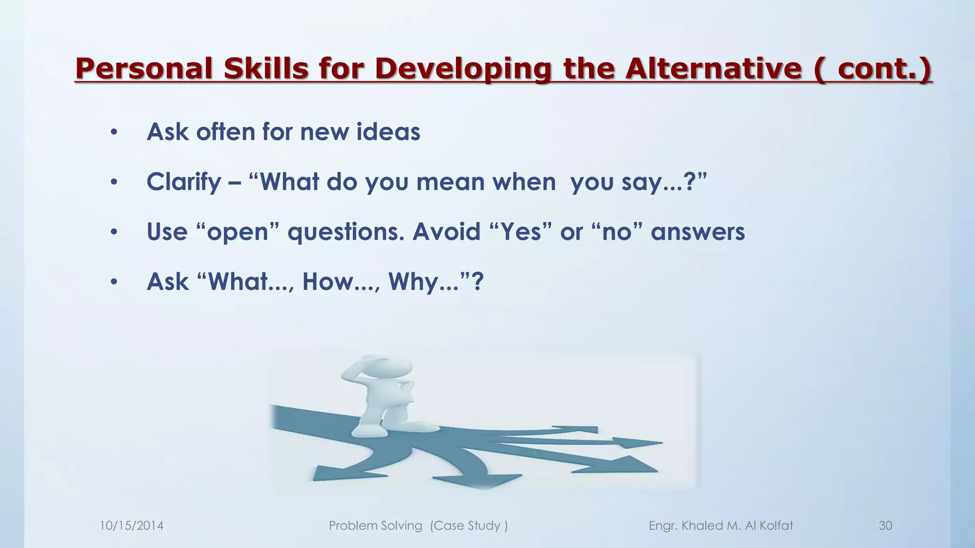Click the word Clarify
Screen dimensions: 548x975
(x=184, y=182)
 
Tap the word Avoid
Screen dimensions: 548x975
(x=446, y=232)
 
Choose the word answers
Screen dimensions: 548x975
(x=697, y=232)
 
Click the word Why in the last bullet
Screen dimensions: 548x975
(x=409, y=282)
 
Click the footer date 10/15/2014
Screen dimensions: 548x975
(x=131, y=526)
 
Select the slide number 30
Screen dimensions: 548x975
(x=885, y=526)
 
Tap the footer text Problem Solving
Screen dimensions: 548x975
(x=376, y=526)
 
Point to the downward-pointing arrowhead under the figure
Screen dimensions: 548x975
(x=488, y=481)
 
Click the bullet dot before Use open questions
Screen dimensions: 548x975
(x=113, y=233)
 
